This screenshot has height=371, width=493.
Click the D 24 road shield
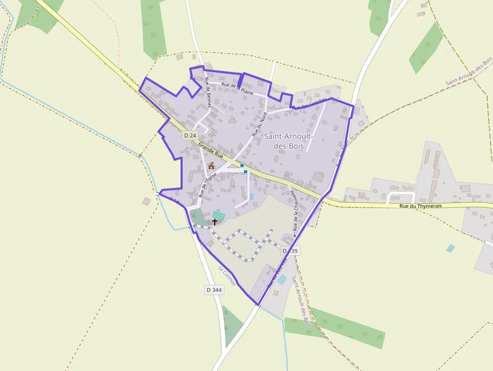[190, 135]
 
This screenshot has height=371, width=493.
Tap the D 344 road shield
[214, 290]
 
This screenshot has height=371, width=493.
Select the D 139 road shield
[290, 251]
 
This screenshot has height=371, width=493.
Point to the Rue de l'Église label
[206, 181]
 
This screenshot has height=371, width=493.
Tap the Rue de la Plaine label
[237, 89]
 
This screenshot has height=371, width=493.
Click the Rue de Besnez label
[207, 91]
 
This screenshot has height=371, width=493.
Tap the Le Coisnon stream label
[226, 275]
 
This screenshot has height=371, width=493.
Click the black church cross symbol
[215, 221]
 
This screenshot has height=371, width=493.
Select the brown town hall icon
[211, 166]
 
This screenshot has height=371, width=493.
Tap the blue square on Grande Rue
[242, 166]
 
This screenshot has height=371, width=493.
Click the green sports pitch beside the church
[219, 215]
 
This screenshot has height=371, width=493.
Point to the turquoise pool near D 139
[282, 279]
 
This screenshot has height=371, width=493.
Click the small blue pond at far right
[450, 248]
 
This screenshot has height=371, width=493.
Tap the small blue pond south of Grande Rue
[252, 196]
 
